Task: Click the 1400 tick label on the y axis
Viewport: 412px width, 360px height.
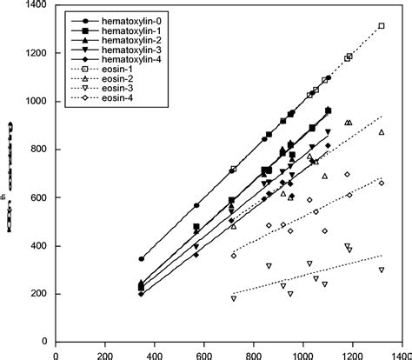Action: (38, 6)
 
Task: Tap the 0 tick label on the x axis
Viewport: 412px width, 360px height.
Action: (56, 354)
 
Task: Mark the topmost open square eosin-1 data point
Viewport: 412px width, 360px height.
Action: (382, 26)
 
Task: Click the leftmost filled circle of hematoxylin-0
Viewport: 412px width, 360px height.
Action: (142, 259)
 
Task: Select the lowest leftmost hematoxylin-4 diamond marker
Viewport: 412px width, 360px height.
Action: (142, 294)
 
